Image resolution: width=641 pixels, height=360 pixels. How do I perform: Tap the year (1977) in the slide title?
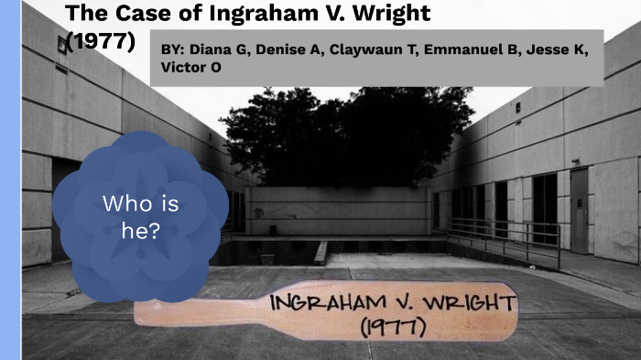point(101,41)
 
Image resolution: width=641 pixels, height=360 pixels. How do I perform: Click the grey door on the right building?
point(579,211)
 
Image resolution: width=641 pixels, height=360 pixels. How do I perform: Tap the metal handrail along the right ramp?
point(513,231)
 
